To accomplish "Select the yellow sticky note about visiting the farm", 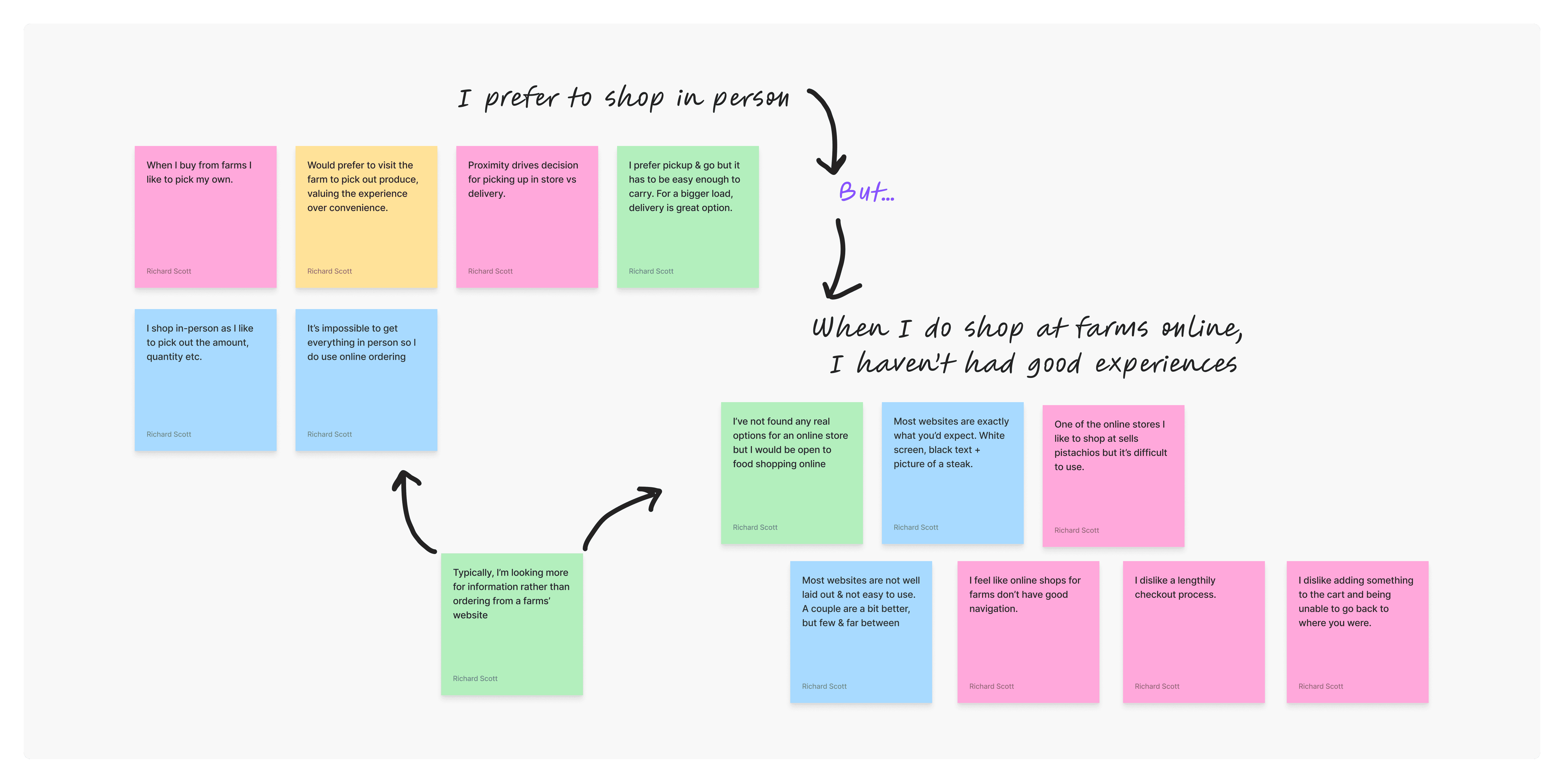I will pyautogui.click(x=366, y=217).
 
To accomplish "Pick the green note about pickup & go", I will pyautogui.click(x=687, y=217).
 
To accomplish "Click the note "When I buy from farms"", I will pyautogui.click(x=205, y=217).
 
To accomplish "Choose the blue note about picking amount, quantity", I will pyautogui.click(x=205, y=380).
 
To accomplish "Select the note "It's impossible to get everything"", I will pyautogui.click(x=366, y=380).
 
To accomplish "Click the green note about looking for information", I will pyautogui.click(x=512, y=624).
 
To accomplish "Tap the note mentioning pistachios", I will pyautogui.click(x=1113, y=476).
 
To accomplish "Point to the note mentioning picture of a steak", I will pyautogui.click(x=952, y=473).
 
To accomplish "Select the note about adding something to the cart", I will pyautogui.click(x=1357, y=632).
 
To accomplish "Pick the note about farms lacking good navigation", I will pyautogui.click(x=1028, y=632).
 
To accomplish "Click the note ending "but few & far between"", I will pyautogui.click(x=860, y=632).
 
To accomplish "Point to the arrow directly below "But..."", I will pyautogui.click(x=841, y=261).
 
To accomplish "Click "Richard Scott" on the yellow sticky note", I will pyautogui.click(x=329, y=271).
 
